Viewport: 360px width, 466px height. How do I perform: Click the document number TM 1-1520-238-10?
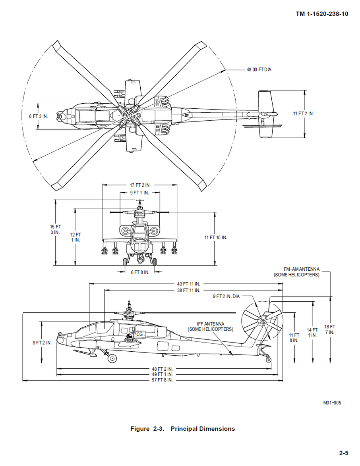(322, 14)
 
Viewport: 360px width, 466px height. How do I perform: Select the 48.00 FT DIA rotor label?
(259, 69)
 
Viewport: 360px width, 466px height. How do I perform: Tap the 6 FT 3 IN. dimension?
(38, 116)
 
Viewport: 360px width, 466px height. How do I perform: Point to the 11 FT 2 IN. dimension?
(303, 114)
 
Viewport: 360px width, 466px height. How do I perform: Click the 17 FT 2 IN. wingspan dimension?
(140, 185)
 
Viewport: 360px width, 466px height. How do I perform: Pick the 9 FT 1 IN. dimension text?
(140, 193)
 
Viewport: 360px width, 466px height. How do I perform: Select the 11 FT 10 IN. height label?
(216, 237)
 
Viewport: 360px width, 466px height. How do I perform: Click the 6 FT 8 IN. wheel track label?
(140, 272)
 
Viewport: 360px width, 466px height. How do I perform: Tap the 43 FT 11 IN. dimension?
(188, 284)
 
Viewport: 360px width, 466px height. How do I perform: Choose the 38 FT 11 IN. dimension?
(188, 291)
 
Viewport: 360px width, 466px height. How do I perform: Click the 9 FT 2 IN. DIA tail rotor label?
(227, 296)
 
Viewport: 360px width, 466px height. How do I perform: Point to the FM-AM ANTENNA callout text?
(296, 272)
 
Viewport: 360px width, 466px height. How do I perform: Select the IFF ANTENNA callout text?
(210, 327)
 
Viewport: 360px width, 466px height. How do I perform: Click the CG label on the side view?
(139, 334)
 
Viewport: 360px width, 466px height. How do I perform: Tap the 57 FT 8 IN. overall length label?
(162, 380)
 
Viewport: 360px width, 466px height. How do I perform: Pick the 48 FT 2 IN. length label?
(162, 369)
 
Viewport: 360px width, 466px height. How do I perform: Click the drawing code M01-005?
(332, 403)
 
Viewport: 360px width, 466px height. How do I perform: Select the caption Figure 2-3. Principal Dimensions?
(183, 429)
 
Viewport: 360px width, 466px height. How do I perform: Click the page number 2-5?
(344, 453)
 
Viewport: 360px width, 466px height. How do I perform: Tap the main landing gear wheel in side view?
(112, 358)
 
